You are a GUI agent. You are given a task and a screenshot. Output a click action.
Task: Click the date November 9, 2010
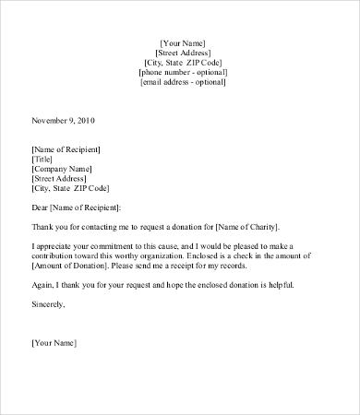(64, 121)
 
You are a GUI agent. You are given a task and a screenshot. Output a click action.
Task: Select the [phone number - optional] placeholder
(183, 72)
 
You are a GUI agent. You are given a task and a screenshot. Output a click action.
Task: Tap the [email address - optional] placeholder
(183, 82)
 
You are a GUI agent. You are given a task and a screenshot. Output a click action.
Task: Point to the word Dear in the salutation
(41, 207)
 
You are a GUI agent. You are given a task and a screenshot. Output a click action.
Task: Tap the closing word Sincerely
(49, 303)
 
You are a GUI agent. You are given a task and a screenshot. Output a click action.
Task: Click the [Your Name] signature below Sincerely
(54, 343)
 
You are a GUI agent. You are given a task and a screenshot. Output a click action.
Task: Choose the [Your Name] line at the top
(183, 42)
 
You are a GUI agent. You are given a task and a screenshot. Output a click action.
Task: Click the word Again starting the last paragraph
(43, 284)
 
